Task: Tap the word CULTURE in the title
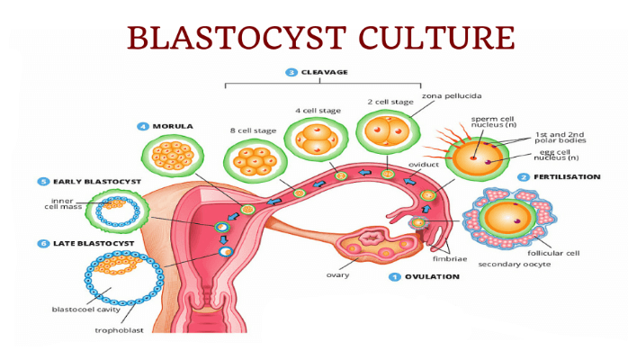tap(438, 39)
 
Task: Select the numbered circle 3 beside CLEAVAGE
tap(291, 72)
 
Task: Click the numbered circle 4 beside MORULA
tap(143, 126)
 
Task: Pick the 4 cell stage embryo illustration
tap(316, 142)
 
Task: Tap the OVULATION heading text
tap(431, 277)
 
